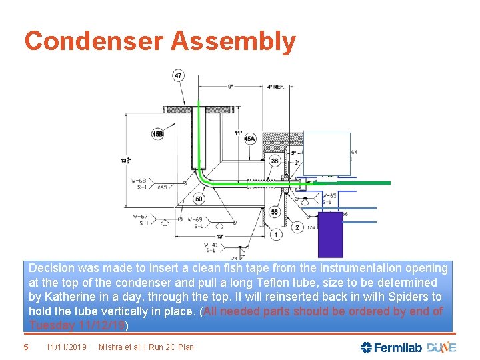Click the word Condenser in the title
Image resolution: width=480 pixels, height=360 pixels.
[x=93, y=41]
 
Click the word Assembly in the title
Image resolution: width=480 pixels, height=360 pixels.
[x=233, y=41]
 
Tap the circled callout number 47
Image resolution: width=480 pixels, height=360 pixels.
[x=179, y=75]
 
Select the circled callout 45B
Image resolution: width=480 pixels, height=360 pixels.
[x=157, y=134]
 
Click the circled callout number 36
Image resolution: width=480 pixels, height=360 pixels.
[x=275, y=161]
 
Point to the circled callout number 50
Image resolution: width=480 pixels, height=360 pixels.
[x=199, y=199]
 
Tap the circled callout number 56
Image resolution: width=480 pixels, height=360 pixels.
[x=275, y=211]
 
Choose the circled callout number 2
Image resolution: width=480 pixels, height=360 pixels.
[x=297, y=227]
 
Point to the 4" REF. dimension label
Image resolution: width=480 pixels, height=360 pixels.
[x=277, y=86]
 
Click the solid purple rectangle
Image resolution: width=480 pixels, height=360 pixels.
[x=331, y=234]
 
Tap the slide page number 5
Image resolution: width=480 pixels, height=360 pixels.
[x=25, y=347]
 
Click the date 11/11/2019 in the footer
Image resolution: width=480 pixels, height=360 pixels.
[x=67, y=347]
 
